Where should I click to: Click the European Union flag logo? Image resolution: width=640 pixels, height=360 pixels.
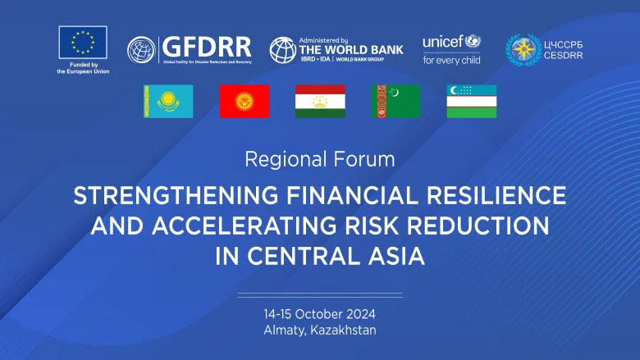83,42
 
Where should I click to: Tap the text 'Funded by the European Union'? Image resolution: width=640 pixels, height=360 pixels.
83,68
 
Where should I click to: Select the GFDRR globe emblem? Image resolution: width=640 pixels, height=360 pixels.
141,50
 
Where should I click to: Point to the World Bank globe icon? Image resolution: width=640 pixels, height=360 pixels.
283,51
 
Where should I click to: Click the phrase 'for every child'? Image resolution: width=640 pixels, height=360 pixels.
451,60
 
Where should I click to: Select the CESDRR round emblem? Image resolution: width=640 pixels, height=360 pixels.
523,50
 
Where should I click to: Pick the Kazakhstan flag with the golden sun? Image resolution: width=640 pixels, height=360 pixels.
169,101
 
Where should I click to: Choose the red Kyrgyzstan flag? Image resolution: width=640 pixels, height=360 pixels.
245,101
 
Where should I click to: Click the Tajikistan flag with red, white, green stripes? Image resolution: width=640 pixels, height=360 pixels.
320,101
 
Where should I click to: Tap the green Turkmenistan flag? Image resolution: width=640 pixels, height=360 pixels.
395,101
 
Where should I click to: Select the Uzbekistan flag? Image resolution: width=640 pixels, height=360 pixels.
471,101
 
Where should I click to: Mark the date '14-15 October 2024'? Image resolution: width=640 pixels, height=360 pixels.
320,314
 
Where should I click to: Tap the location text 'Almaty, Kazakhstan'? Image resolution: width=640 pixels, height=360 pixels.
320,330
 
